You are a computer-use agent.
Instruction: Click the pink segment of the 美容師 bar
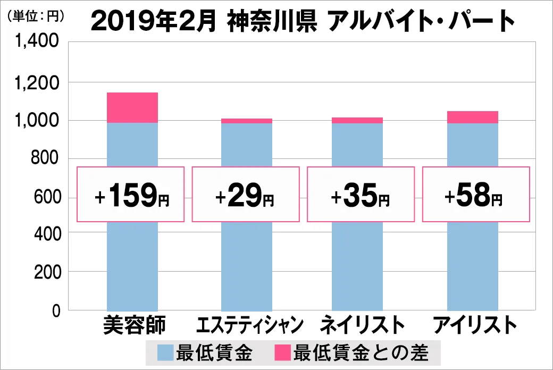[x=132, y=107]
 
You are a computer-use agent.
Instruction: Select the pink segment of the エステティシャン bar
[x=246, y=121]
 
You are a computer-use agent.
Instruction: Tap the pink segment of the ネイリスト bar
[x=357, y=120]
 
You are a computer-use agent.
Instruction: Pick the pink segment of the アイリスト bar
[x=472, y=117]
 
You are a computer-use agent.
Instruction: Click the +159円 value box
[x=131, y=194]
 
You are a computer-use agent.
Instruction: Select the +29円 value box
[x=246, y=194]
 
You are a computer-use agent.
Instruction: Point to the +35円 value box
[x=360, y=194]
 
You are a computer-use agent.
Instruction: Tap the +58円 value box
[x=476, y=194]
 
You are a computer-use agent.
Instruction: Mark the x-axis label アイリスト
[x=475, y=324]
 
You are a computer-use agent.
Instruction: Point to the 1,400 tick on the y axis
[x=40, y=44]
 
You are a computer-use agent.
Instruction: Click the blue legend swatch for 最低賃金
[x=165, y=351]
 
